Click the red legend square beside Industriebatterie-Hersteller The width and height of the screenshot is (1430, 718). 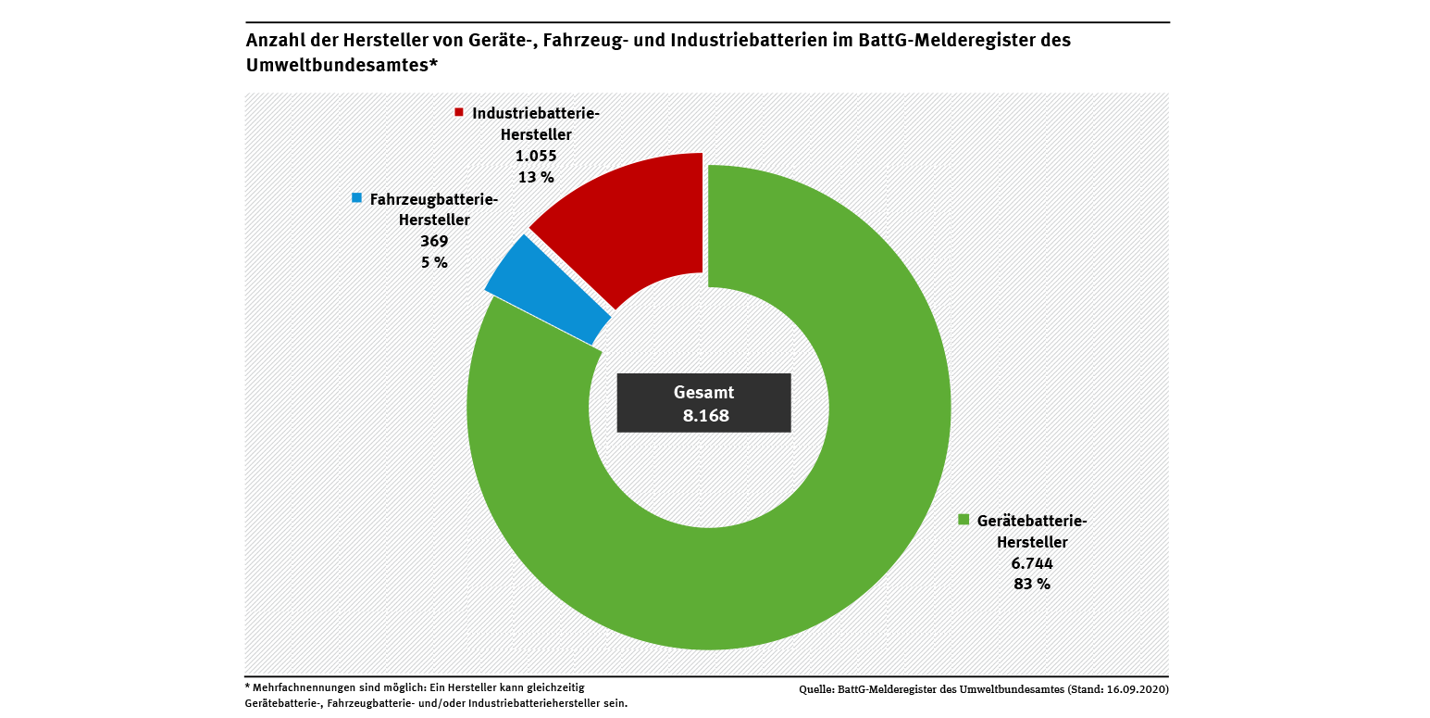tap(458, 112)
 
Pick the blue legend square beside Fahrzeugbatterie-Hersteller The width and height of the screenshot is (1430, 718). tap(356, 197)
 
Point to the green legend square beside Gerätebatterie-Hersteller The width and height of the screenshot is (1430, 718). tap(964, 519)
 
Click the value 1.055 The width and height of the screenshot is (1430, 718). tap(536, 156)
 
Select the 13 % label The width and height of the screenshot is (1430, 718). tap(536, 177)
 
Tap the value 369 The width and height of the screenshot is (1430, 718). tap(434, 241)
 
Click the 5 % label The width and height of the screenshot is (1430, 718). tap(434, 262)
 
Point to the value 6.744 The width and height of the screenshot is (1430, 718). tap(1031, 563)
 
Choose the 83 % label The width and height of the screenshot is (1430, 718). tap(1031, 585)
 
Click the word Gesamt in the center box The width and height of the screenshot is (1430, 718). tap(703, 393)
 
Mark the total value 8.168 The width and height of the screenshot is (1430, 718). tap(705, 416)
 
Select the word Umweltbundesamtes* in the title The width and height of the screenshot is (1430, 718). tap(341, 66)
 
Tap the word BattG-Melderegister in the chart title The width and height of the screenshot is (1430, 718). tap(952, 41)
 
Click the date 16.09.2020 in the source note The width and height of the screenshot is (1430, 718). tap(1139, 690)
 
